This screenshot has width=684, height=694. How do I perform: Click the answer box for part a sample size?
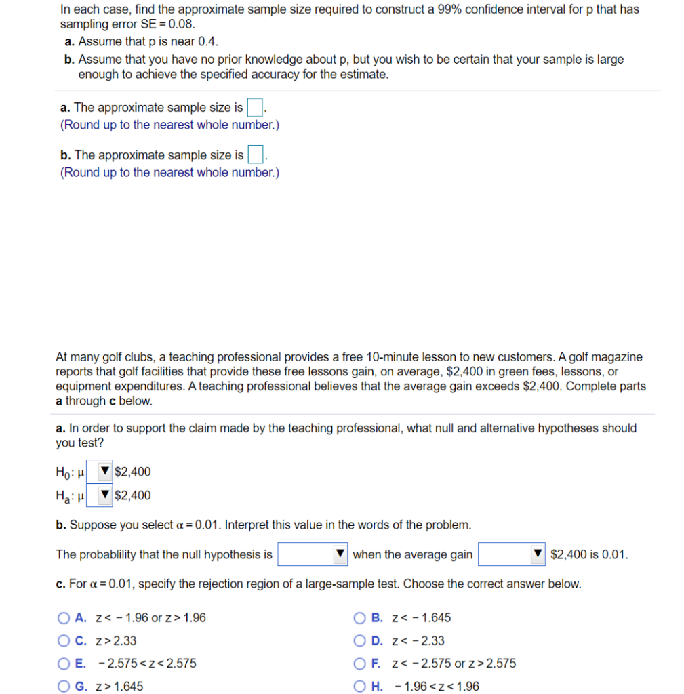pyautogui.click(x=255, y=108)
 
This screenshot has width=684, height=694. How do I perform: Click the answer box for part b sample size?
pyautogui.click(x=255, y=155)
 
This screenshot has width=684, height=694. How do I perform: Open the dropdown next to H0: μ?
pyautogui.click(x=100, y=472)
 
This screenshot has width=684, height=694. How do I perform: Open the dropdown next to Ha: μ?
pyautogui.click(x=100, y=495)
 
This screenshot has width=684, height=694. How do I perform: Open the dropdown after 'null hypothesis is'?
pyautogui.click(x=313, y=554)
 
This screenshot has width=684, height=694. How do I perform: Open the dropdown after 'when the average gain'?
pyautogui.click(x=512, y=554)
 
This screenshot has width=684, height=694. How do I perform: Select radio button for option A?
pyautogui.click(x=64, y=618)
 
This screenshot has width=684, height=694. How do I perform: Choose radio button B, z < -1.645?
pyautogui.click(x=360, y=618)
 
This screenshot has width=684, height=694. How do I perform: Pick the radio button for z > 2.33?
pyautogui.click(x=64, y=641)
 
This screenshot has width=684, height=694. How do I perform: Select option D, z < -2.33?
pyautogui.click(x=360, y=641)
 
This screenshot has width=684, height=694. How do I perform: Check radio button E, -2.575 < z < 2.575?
pyautogui.click(x=64, y=664)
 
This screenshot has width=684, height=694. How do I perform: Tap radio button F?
pyautogui.click(x=360, y=664)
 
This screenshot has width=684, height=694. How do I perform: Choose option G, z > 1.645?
pyautogui.click(x=64, y=687)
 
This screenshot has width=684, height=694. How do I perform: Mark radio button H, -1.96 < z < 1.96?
pyautogui.click(x=360, y=687)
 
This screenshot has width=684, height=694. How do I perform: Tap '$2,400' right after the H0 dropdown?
pyautogui.click(x=134, y=472)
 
